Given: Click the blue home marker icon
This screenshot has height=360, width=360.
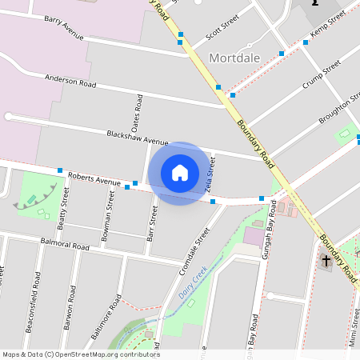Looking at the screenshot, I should click(179, 173).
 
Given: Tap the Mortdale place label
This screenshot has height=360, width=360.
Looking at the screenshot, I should click(235, 58).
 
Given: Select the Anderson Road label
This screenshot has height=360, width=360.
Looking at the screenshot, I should click(70, 81).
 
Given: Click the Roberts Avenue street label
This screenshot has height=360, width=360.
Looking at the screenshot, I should click(94, 178).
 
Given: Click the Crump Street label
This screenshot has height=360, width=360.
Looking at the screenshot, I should click(322, 74).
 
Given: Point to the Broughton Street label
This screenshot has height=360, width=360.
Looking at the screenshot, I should click(337, 108).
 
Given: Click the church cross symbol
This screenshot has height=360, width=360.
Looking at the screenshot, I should click(326, 261).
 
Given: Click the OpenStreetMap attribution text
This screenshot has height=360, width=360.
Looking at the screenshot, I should click(80, 354).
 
